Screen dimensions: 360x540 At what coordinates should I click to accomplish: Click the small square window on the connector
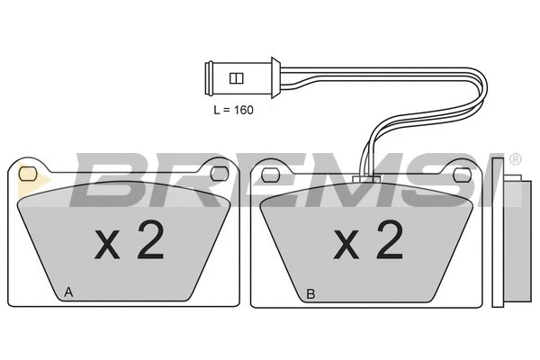coord(237,78)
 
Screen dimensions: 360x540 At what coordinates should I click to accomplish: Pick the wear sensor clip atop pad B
coord(365,178)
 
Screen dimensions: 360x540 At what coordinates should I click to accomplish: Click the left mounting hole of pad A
coord(27,170)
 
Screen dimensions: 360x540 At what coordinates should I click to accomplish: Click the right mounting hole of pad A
coord(219,170)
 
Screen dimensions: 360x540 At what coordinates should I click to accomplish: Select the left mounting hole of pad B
coord(268,170)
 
